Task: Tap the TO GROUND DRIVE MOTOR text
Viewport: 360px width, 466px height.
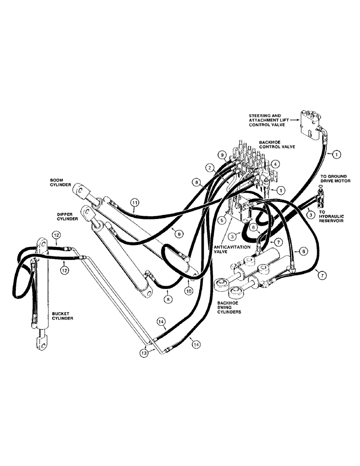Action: click(x=332, y=179)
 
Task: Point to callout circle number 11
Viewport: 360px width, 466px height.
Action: click(x=135, y=203)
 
